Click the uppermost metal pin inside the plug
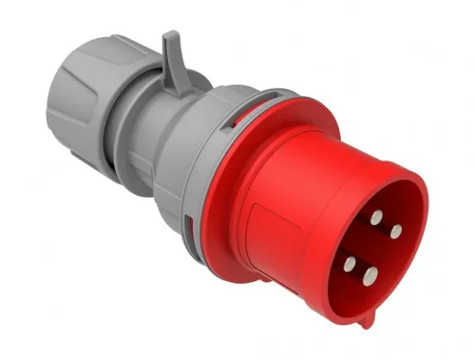(x=376, y=217)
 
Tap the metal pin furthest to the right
(x=395, y=230)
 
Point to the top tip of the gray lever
(x=168, y=35)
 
